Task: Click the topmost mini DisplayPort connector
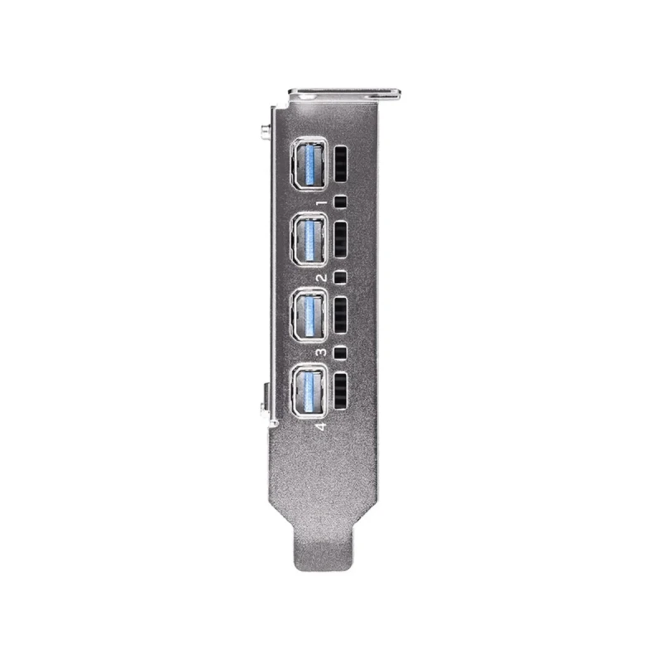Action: pos(309,164)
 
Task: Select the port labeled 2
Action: pos(309,239)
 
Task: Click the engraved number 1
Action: pos(323,203)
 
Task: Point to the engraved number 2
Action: pos(322,277)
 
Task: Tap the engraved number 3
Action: pos(322,352)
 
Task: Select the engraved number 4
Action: pos(322,426)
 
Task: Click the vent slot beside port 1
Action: pos(341,164)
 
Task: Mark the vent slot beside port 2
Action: pos(341,239)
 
